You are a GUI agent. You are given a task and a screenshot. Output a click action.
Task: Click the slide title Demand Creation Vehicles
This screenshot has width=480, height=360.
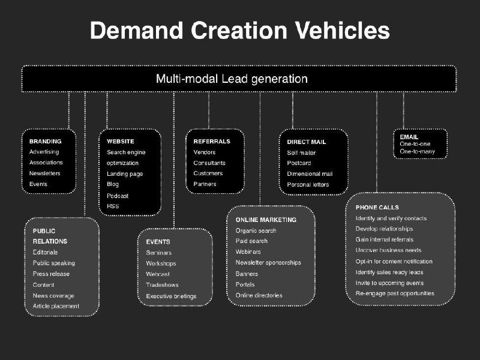pos(239,30)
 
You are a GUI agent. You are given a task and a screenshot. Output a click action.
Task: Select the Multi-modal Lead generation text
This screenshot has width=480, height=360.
pos(232,79)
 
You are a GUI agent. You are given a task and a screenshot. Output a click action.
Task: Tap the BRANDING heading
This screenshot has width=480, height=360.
pos(45,142)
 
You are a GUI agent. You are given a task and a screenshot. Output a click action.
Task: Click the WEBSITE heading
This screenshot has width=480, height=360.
pos(121,142)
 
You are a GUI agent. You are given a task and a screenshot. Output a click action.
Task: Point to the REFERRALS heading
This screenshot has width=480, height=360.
pos(211,142)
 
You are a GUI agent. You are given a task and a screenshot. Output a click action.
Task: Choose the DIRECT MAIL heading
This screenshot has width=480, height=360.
pos(306,142)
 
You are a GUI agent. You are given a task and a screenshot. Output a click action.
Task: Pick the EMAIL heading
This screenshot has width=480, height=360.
pos(409,137)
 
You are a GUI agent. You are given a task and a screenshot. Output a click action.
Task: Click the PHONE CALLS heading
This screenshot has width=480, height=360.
pos(377,207)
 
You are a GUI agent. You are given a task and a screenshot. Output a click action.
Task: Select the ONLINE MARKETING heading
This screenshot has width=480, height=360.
pos(266,220)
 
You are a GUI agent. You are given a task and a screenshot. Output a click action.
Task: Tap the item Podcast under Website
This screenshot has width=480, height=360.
pos(118,196)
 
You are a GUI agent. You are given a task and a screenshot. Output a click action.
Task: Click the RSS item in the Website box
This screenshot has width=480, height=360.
pos(113,206)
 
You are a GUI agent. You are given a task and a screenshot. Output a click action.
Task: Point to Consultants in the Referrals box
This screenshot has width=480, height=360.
pos(209,163)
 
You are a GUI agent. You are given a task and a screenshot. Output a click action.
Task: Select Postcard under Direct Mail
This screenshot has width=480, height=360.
pos(299,163)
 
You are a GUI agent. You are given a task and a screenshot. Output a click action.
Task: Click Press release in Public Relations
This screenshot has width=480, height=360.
pos(51,274)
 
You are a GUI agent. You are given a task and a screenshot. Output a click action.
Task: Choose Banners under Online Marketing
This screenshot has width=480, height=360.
pos(247,274)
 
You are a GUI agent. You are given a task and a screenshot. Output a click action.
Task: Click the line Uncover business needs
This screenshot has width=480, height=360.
pos(388,250)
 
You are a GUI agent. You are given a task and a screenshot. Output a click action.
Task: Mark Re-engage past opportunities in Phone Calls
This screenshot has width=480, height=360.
pos(395,293)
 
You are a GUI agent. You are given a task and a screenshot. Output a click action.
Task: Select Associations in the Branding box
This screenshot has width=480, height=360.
pos(46,163)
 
